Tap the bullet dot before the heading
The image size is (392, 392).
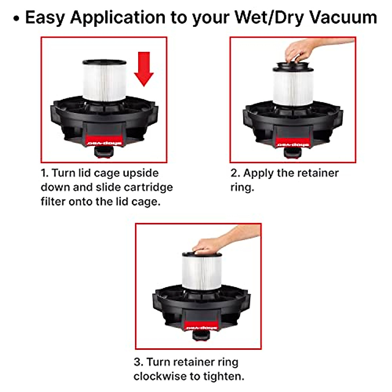pyautogui.click(x=16, y=19)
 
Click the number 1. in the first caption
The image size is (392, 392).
pyautogui.click(x=45, y=173)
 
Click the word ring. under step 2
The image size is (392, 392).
pyautogui.click(x=242, y=188)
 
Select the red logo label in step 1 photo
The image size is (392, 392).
pyautogui.click(x=104, y=143)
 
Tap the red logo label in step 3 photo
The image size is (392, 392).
pyautogui.click(x=201, y=327)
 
